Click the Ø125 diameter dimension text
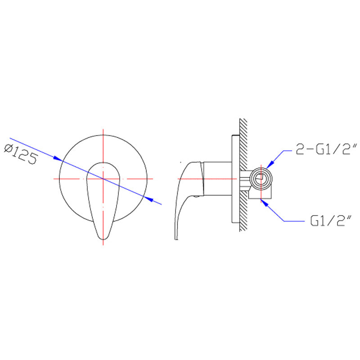pos(21,154)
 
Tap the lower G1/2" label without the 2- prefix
pos(331,220)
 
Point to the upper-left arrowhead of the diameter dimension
pos(58,158)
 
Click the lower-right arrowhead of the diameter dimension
pos(148,199)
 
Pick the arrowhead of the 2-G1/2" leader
pos(270,164)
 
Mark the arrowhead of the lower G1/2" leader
pos(265,203)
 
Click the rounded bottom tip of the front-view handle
pos(103,239)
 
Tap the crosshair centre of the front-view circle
pos(103,179)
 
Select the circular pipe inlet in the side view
pos(261,179)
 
